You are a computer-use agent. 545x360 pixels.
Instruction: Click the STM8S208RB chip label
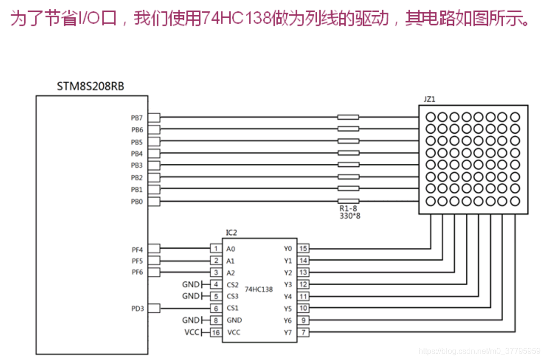91,87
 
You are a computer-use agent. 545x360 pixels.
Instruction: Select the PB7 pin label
137,118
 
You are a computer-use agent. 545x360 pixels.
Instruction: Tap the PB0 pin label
137,201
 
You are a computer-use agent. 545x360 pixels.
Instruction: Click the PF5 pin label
137,261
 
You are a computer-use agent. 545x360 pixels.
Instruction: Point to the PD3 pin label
137,308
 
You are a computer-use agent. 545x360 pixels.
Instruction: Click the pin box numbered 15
303,248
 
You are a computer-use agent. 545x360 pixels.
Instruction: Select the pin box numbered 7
303,332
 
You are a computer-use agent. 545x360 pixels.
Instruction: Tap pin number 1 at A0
215,248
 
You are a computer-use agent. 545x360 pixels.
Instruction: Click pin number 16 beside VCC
215,332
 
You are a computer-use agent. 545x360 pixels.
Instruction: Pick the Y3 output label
288,284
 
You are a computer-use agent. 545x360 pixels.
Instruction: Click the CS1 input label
233,308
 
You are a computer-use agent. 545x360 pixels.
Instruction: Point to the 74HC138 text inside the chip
259,290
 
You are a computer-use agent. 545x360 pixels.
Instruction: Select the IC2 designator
231,232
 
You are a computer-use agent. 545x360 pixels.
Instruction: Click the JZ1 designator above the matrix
429,99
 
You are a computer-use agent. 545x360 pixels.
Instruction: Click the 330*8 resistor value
350,215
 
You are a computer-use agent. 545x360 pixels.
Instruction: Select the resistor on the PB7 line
348,117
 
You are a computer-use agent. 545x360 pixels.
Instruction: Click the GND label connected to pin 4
190,284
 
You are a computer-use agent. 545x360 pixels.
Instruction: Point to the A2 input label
231,272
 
